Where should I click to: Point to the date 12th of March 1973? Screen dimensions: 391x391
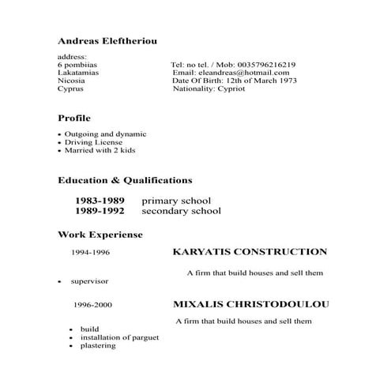click(252, 81)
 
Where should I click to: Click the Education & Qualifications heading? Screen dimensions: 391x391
click(125, 180)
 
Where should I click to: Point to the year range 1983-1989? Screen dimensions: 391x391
click(100, 201)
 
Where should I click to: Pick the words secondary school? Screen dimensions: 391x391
click(181, 211)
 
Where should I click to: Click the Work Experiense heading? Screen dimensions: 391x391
click(100, 235)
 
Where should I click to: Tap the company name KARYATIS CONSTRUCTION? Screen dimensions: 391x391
click(249, 252)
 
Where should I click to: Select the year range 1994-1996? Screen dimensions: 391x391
click(90, 254)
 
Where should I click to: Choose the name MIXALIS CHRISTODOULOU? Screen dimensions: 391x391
click(250, 304)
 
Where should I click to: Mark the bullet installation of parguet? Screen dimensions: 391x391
click(119, 337)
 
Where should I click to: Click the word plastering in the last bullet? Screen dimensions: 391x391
click(98, 345)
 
